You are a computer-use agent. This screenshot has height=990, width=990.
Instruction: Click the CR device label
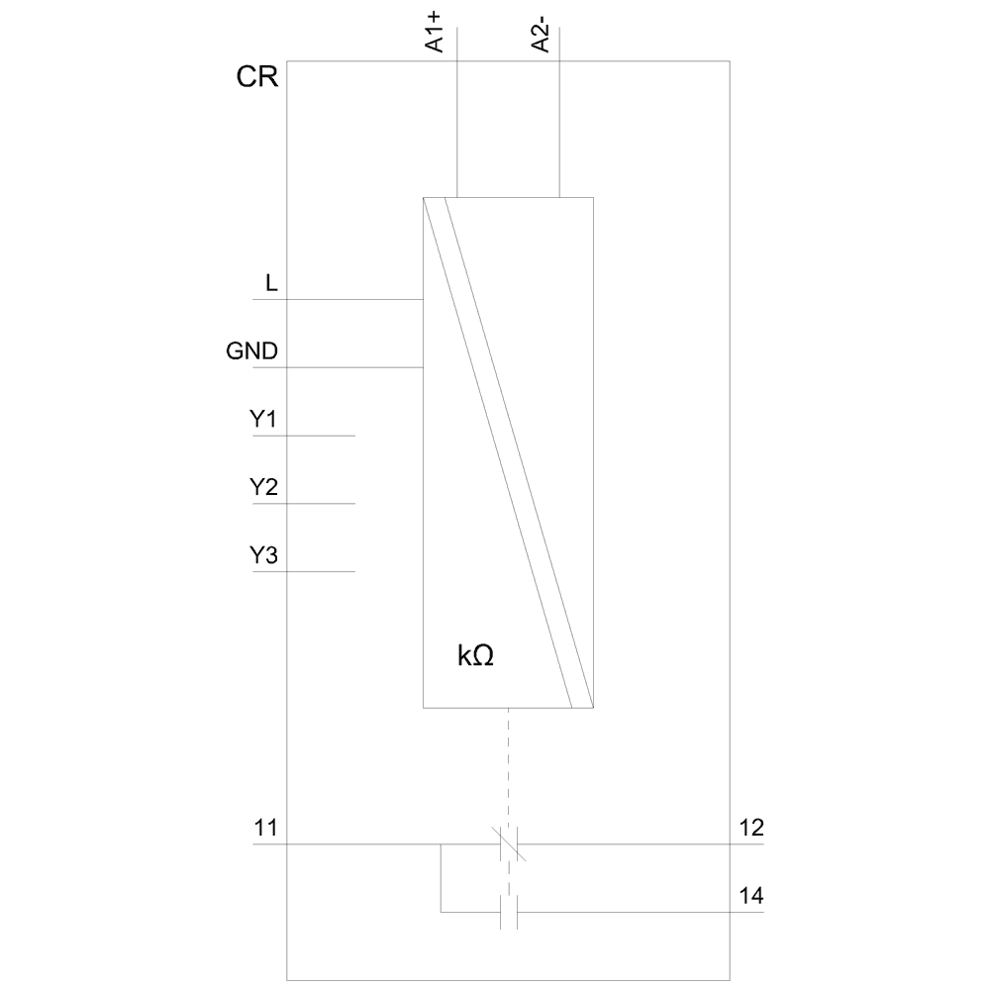[256, 78]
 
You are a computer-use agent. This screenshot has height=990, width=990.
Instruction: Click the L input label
[271, 284]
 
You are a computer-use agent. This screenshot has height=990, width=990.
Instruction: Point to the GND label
[252, 351]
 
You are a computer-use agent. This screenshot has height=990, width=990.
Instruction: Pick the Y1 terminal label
[262, 420]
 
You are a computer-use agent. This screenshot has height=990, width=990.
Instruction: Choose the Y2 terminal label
[262, 487]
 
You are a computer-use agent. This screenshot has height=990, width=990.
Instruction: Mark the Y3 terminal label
[262, 555]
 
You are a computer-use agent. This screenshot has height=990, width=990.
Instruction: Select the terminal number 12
[751, 828]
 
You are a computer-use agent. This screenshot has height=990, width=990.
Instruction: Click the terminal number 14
[751, 896]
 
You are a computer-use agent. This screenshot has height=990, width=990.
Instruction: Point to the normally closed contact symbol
[509, 843]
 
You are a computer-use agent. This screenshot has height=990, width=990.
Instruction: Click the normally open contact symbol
[509, 912]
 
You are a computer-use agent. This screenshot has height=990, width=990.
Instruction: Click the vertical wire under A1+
[457, 129]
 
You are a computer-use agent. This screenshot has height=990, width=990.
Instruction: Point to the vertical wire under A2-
[559, 129]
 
